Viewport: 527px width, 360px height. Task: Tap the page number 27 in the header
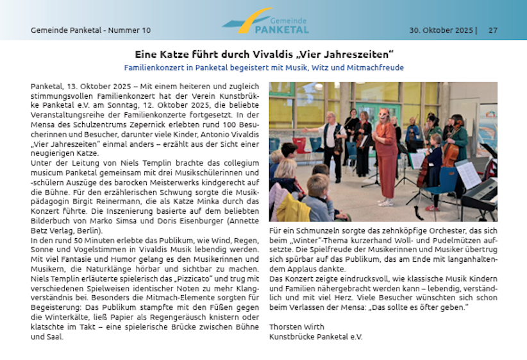[x=493, y=30]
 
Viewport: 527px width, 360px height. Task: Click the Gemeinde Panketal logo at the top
[x=265, y=22]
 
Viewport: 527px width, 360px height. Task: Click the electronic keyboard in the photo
[x=481, y=193]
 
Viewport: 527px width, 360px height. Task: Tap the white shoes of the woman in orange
[x=386, y=202]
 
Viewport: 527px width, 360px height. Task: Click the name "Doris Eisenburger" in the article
[x=186, y=220]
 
